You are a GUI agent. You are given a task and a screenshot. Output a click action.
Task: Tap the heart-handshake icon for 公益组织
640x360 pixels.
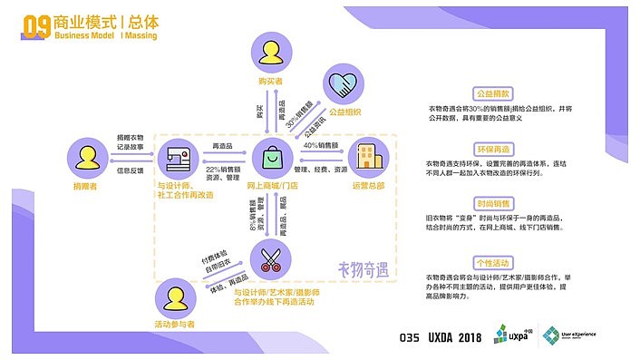click(x=344, y=85)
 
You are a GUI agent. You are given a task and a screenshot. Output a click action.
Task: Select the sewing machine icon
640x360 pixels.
click(x=177, y=159)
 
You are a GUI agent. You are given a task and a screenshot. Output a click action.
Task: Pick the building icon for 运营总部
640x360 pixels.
click(x=367, y=159)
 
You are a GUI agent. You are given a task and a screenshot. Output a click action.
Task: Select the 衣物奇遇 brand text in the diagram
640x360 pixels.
click(x=363, y=268)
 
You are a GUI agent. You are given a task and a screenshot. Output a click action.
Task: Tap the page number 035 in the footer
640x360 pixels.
click(x=412, y=336)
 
